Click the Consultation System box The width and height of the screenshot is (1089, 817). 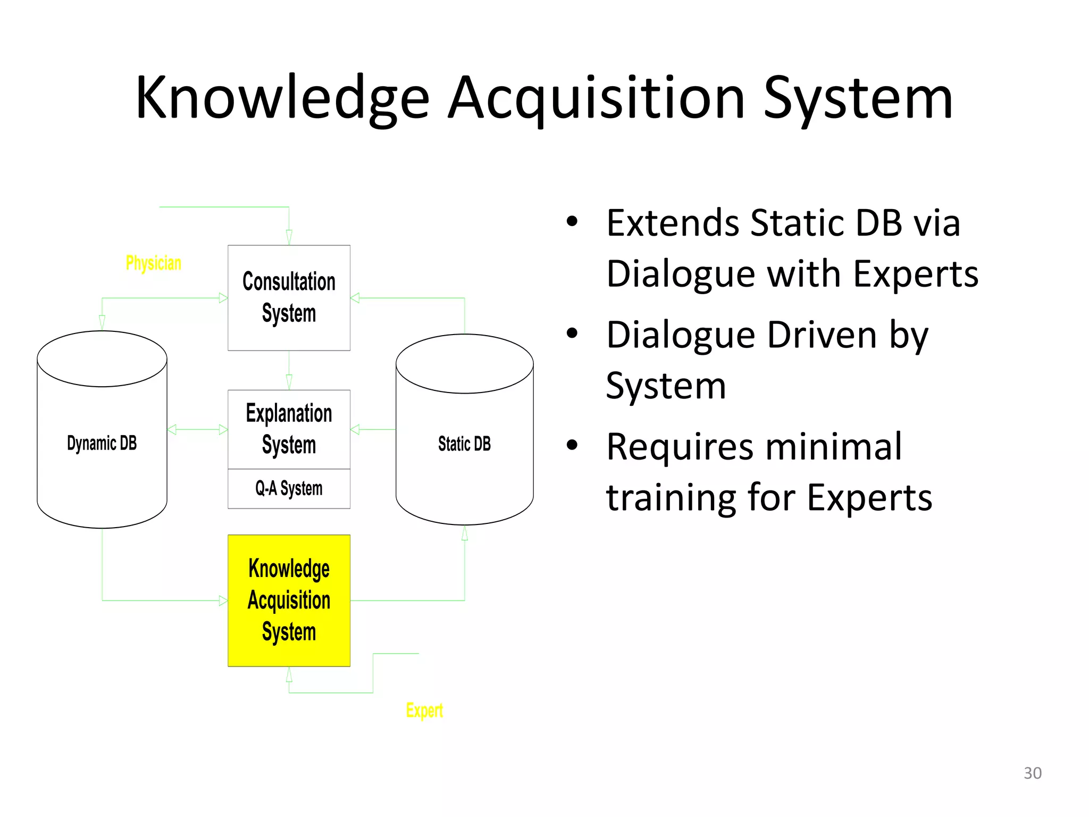tap(289, 297)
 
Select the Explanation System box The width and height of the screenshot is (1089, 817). tap(289, 429)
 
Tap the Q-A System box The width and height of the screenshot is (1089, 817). tap(289, 488)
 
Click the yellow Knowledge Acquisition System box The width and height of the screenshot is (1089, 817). tap(289, 600)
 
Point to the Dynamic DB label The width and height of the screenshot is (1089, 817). tap(102, 443)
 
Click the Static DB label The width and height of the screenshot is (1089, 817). tap(464, 444)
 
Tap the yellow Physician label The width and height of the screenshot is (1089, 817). tap(153, 263)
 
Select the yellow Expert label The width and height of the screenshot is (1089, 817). tap(424, 711)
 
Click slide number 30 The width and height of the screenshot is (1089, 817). tap(1032, 773)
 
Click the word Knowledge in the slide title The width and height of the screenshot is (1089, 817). tap(282, 98)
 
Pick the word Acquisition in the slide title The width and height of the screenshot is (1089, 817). tap(597, 98)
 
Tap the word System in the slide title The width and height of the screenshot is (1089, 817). tap(858, 98)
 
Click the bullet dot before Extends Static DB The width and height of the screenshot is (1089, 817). tap(572, 221)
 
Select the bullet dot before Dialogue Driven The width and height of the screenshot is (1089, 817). tap(572, 334)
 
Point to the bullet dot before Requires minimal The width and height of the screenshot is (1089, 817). tap(572, 445)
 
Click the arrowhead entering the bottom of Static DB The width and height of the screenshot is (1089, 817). tap(465, 533)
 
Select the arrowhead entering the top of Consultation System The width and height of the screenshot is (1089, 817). tap(289, 237)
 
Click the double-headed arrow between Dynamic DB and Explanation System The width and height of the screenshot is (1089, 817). tap(197, 429)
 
